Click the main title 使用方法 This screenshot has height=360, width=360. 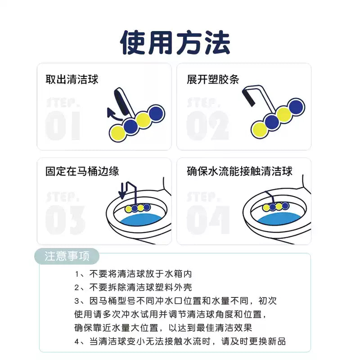coord(175,43)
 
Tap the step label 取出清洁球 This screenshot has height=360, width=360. coord(72,80)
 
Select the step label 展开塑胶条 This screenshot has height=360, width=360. coord(213,80)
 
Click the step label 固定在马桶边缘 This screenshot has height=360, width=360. coord(82,171)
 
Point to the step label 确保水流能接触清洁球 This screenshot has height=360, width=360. coord(239,171)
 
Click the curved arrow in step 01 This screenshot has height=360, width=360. coord(113,116)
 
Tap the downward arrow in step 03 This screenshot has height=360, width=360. coord(122,191)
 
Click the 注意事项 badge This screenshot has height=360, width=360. coord(67,256)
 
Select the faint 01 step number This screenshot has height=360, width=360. coord(63,126)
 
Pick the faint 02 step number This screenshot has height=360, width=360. coord(207,126)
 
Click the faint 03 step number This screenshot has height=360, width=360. coord(65,220)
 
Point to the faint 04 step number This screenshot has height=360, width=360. coord(208,220)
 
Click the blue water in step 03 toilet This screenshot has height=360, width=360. coord(141,220)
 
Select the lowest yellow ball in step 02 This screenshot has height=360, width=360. coord(260,130)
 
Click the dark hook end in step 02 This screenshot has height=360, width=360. coord(248,97)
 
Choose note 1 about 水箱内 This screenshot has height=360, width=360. coord(133,274)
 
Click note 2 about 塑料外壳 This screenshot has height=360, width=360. coord(133,288)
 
